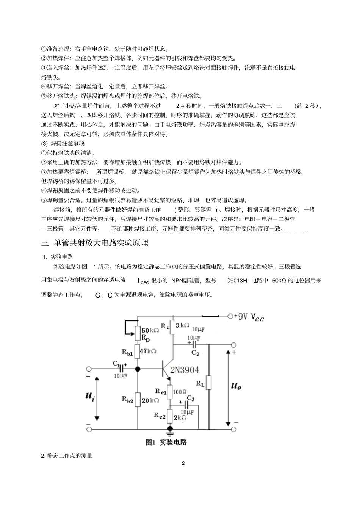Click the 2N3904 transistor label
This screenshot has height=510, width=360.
(185, 370)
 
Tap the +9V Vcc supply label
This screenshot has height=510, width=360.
(249, 317)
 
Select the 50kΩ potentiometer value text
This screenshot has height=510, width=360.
(150, 330)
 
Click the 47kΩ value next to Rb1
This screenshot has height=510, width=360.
(148, 351)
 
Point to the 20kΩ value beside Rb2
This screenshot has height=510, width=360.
(150, 400)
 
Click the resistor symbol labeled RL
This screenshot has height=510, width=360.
(208, 383)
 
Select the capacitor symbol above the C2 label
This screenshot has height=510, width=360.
(194, 344)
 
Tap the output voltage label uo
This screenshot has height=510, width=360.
(236, 386)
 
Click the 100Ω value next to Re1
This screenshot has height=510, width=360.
(180, 391)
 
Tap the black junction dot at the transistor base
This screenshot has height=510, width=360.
(138, 369)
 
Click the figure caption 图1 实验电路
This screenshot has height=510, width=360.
(166, 442)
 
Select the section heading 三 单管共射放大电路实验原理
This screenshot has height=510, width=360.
(95, 243)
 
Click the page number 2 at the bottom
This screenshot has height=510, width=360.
(183, 463)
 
